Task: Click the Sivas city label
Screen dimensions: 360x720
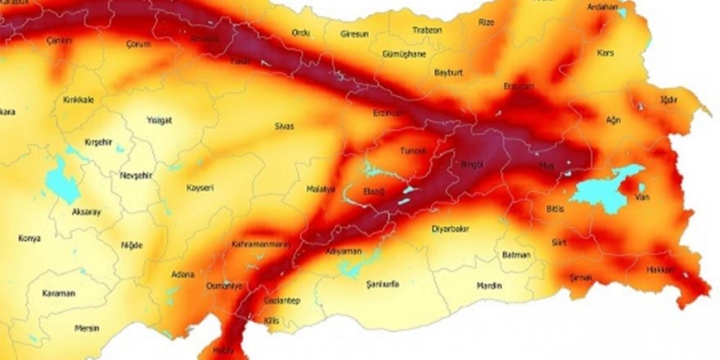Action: pos(285,126)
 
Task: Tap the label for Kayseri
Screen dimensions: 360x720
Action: pos(200,187)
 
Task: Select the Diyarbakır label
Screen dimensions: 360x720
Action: pos(451,230)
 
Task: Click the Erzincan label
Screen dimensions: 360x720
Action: pos(389,113)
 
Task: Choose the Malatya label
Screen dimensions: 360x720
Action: pos(321,189)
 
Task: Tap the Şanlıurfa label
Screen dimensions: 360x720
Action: pos(378,283)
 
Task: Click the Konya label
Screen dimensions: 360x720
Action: pos(29,239)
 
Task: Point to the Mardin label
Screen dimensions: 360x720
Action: pos(488,286)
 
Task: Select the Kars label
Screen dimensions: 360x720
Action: pos(605,53)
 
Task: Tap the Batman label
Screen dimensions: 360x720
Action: pos(516,255)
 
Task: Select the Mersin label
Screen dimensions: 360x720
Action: pos(86,328)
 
